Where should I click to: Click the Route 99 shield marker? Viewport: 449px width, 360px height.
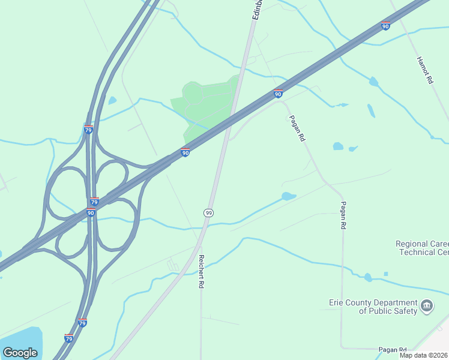208,213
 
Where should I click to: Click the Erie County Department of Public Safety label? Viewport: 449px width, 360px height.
373,307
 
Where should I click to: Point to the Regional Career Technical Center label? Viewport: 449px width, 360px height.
423,248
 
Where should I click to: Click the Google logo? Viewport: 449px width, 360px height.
20,352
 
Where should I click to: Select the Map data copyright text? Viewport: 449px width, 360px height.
424,355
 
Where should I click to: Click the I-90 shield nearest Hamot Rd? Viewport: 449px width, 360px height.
385,26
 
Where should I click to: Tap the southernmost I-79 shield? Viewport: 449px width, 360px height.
68,338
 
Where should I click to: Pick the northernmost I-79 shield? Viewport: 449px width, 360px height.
88,130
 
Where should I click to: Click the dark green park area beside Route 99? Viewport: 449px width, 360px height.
204,105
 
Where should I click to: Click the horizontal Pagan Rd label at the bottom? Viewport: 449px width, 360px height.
393,350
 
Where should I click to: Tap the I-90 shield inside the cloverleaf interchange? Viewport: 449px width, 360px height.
91,212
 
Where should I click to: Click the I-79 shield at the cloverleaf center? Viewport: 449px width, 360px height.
94,202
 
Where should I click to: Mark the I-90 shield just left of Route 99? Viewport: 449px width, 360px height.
185,153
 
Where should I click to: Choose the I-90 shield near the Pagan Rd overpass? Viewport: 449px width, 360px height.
278,94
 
